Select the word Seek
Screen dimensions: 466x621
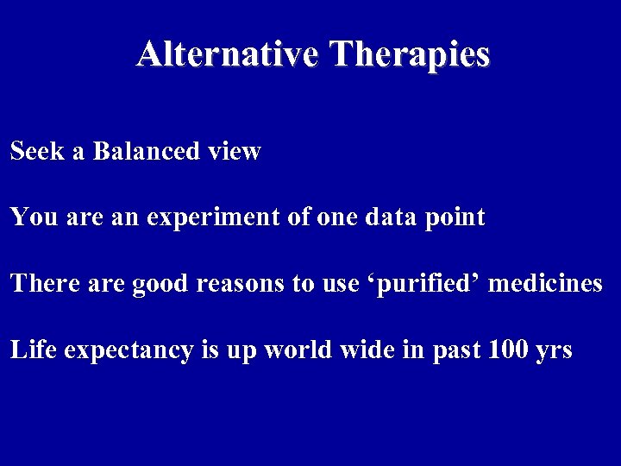click(34, 152)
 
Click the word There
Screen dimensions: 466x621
click(41, 284)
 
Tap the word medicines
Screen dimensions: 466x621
click(545, 284)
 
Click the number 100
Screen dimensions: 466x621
click(505, 351)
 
